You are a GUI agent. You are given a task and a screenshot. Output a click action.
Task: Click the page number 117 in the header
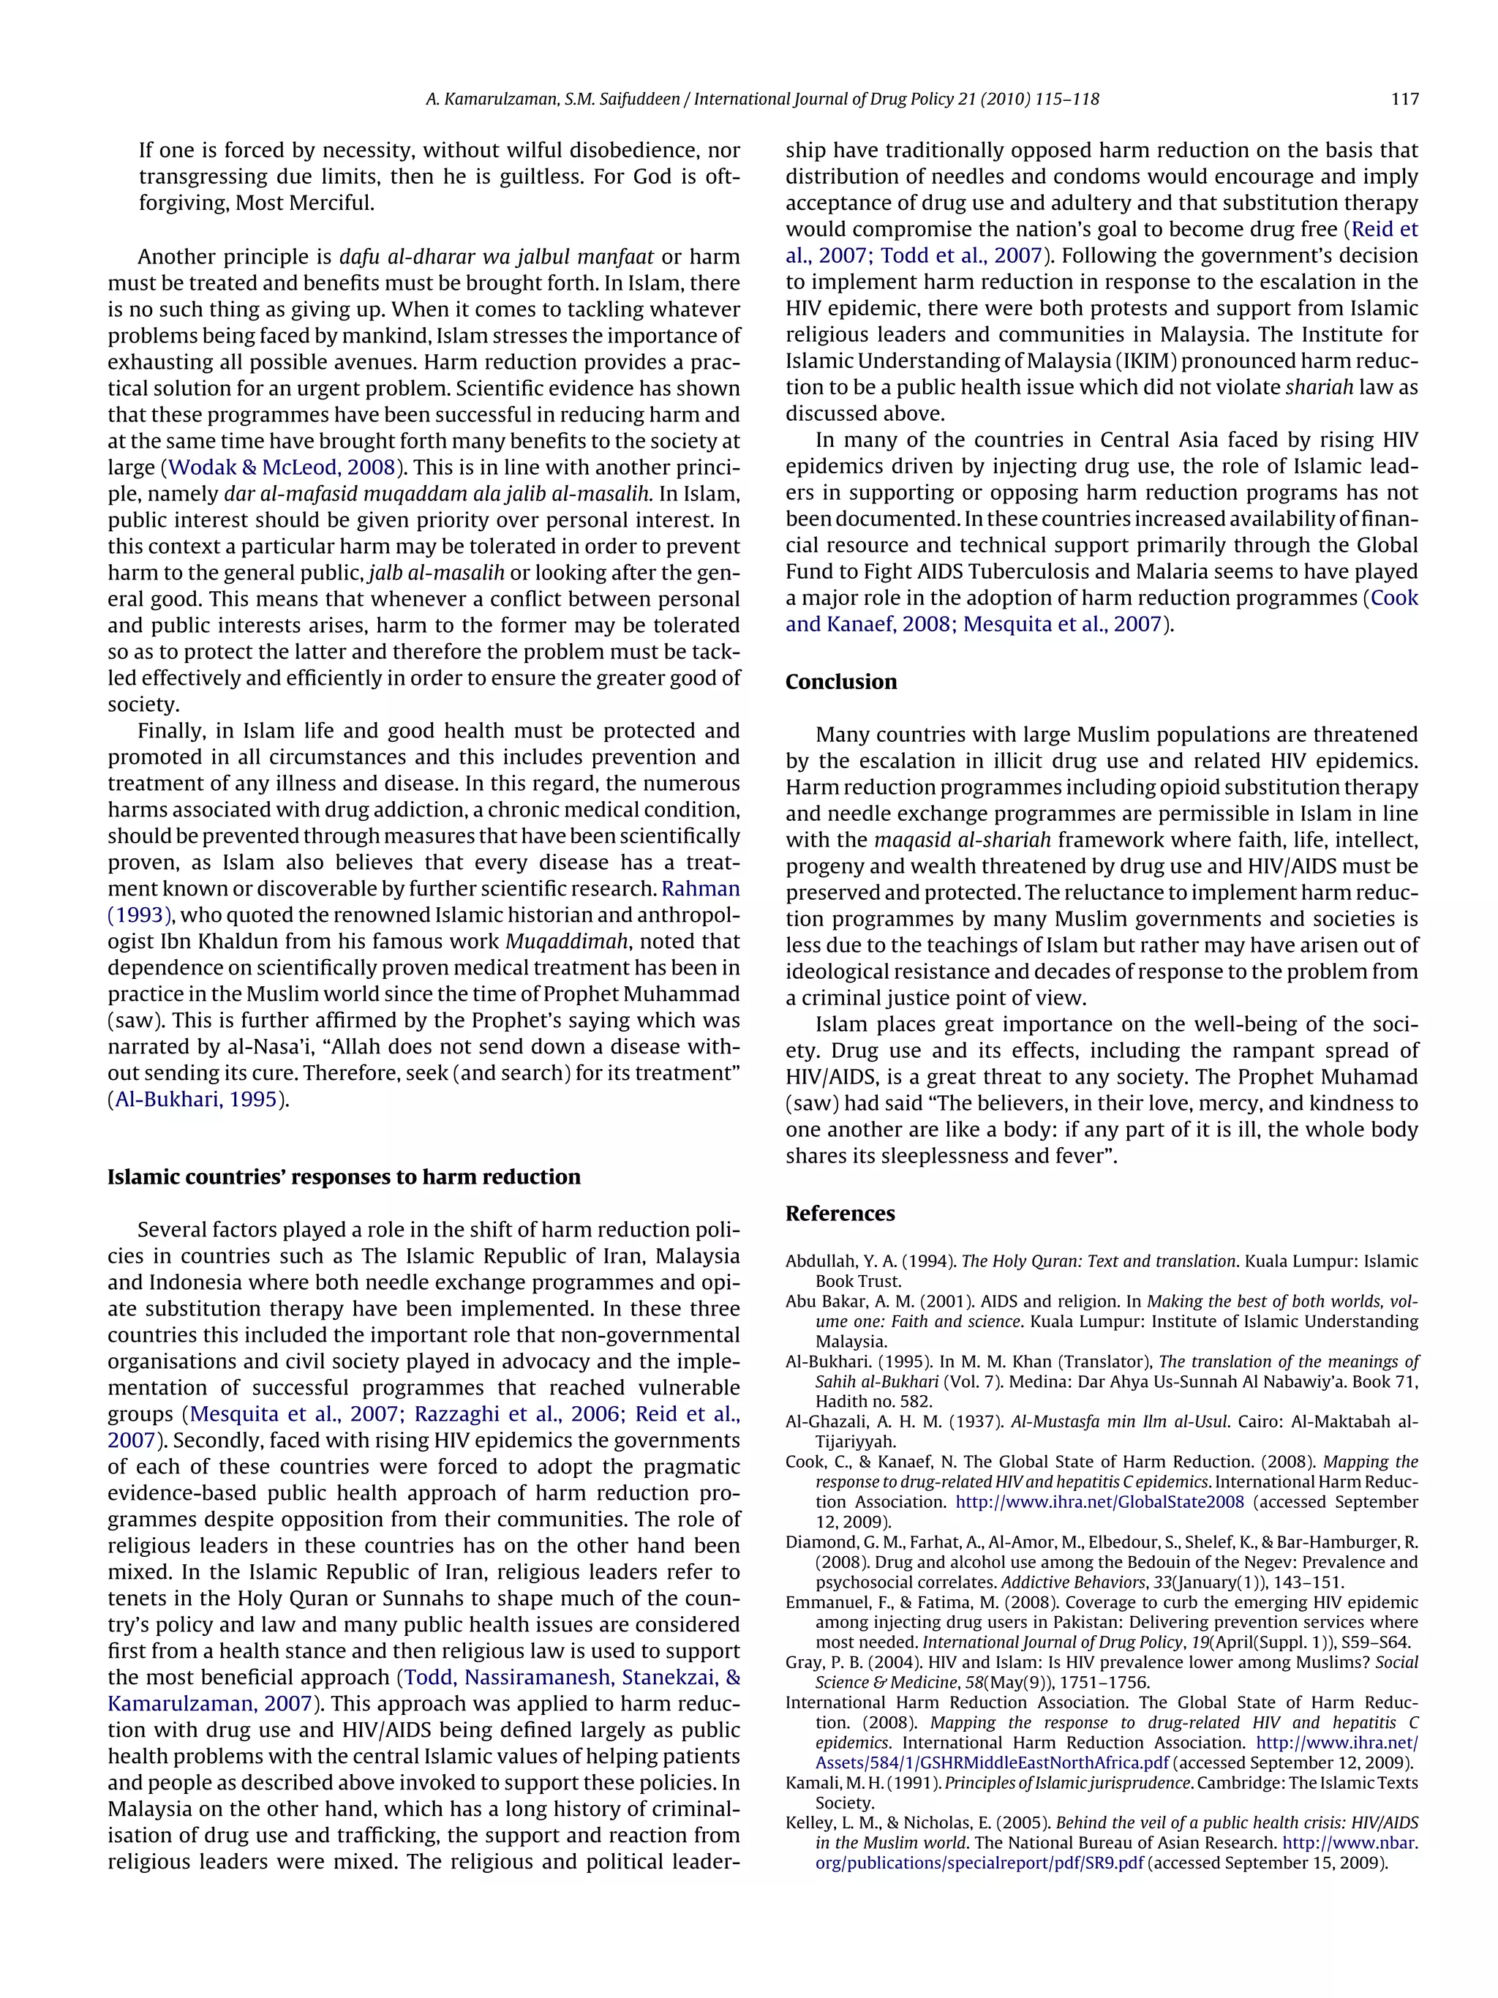click(1404, 99)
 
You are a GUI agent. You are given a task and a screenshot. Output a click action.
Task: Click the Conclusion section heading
click(840, 682)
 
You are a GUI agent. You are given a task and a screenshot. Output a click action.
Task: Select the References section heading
click(840, 1213)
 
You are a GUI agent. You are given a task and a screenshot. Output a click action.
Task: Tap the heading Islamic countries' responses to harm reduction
click(344, 1177)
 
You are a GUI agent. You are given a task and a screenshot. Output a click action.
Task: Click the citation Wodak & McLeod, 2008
click(282, 468)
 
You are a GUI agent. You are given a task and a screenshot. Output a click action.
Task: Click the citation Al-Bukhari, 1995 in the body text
click(196, 1100)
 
